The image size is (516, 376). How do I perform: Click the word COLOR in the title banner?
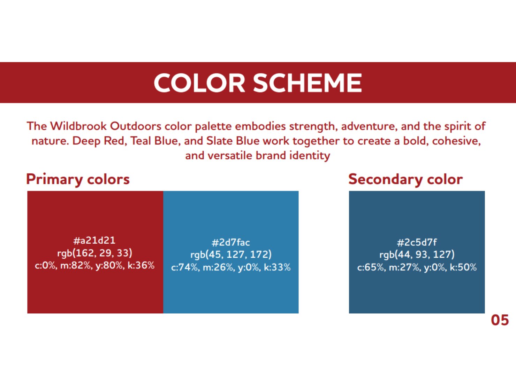click(199, 83)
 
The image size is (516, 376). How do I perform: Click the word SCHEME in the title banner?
click(308, 83)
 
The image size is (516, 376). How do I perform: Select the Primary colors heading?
click(78, 180)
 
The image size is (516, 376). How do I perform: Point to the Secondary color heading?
click(405, 179)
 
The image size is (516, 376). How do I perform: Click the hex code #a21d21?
click(94, 241)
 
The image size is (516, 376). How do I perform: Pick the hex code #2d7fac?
click(230, 242)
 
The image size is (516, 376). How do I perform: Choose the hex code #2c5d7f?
click(417, 242)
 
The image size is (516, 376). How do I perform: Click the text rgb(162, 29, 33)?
click(95, 253)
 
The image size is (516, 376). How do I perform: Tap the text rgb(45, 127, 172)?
click(231, 255)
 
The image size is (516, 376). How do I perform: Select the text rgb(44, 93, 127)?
click(417, 255)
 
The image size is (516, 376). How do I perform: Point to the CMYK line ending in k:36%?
click(95, 266)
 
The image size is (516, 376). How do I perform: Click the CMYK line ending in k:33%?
click(231, 267)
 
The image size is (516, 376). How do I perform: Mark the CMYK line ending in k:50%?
click(417, 267)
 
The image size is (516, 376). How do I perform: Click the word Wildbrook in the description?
click(78, 126)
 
